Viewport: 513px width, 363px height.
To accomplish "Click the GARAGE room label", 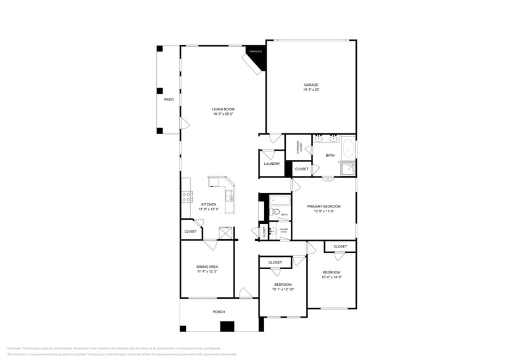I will (311, 85).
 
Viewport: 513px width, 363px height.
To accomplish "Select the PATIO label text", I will (169, 99).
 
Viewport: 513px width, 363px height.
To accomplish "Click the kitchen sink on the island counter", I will (229, 196).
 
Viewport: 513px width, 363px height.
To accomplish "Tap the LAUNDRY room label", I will (272, 164).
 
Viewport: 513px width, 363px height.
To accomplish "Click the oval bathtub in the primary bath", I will (348, 149).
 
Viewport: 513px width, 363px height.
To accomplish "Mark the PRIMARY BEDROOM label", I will (323, 206).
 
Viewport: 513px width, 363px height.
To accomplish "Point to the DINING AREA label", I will (207, 267).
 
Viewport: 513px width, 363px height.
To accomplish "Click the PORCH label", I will (219, 312).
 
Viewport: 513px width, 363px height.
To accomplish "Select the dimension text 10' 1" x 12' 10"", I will (283, 289).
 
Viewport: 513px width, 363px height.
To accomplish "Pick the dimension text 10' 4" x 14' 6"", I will (332, 277).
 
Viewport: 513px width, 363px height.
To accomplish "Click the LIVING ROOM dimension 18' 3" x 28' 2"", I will (223, 114).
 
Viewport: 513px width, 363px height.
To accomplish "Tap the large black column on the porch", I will (228, 327).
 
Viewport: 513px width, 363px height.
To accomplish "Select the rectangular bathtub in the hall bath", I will (280, 201).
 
